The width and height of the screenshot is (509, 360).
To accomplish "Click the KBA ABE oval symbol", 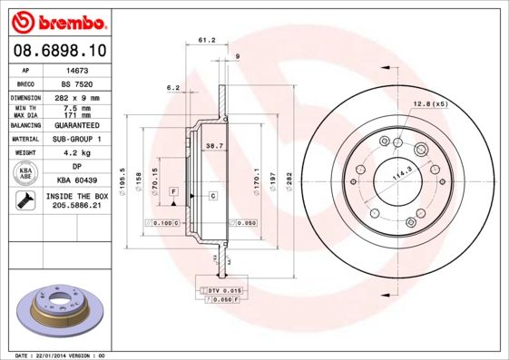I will tap(25, 174).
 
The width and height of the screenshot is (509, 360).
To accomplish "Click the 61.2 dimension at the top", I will tap(206, 40).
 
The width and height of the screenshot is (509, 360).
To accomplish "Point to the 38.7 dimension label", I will tap(214, 146).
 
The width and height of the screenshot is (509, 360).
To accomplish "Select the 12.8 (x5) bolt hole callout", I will tap(430, 103).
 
